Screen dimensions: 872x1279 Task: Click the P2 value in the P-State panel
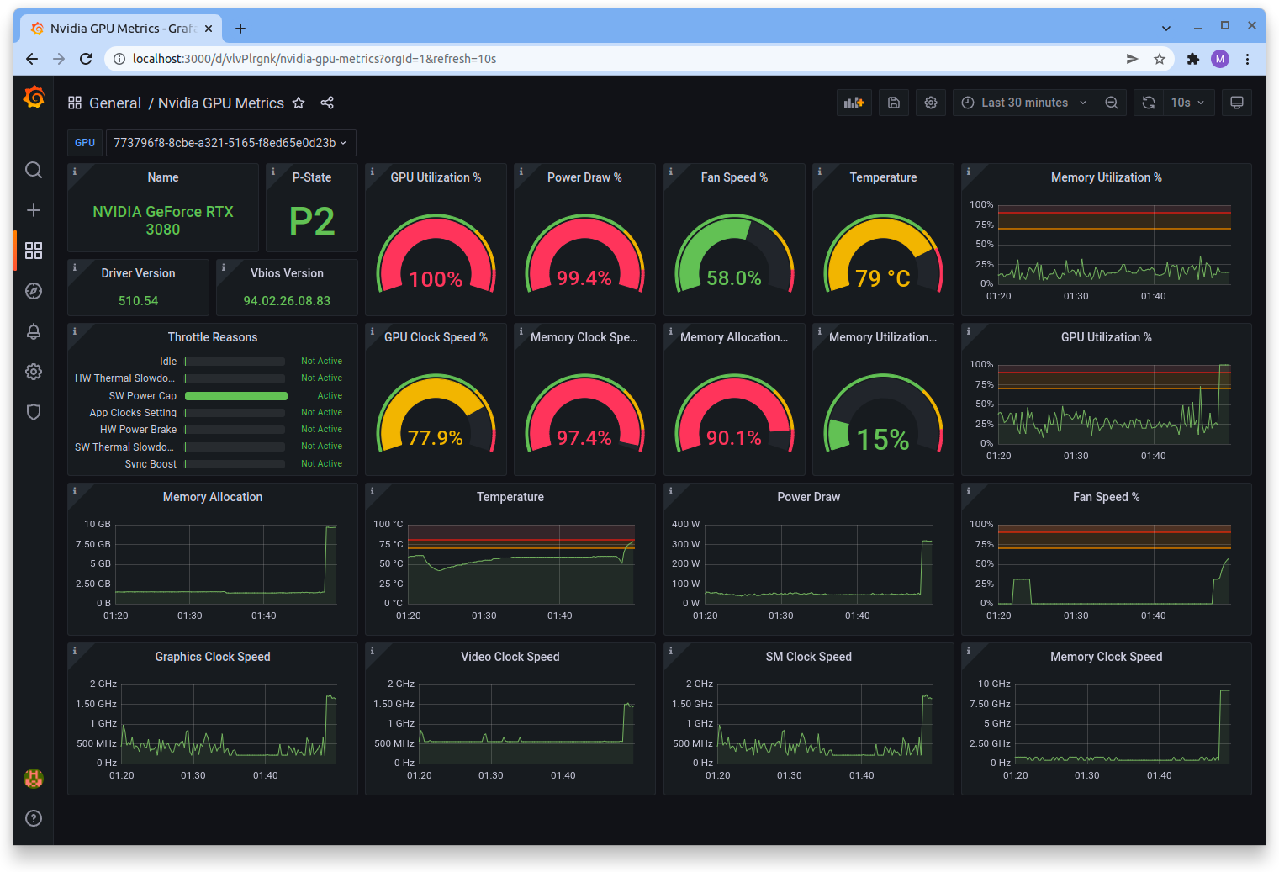point(312,222)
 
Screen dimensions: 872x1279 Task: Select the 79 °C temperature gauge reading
point(882,278)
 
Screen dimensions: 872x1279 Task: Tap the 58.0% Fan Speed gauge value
point(733,278)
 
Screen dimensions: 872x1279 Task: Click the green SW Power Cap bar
point(235,396)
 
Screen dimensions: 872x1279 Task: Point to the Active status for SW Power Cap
point(330,396)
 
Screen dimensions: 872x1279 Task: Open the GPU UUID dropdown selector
point(230,143)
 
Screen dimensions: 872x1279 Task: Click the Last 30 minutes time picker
point(1024,103)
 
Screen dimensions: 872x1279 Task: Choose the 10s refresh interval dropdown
point(1187,103)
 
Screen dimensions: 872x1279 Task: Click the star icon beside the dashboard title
point(299,103)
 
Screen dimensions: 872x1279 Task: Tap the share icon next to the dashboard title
point(327,103)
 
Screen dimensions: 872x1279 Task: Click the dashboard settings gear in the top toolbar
point(931,103)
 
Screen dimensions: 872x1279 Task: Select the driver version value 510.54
point(138,301)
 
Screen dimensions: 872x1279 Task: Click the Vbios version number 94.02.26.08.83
point(287,301)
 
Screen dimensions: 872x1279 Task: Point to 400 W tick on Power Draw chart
point(685,524)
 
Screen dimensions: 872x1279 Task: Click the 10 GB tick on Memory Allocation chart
point(98,524)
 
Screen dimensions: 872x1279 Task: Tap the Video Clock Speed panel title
point(510,657)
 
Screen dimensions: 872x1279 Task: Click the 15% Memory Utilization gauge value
point(882,440)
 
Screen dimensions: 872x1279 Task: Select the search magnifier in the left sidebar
point(34,170)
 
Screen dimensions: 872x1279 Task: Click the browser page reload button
point(86,59)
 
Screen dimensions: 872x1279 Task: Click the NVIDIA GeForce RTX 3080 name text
point(163,220)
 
